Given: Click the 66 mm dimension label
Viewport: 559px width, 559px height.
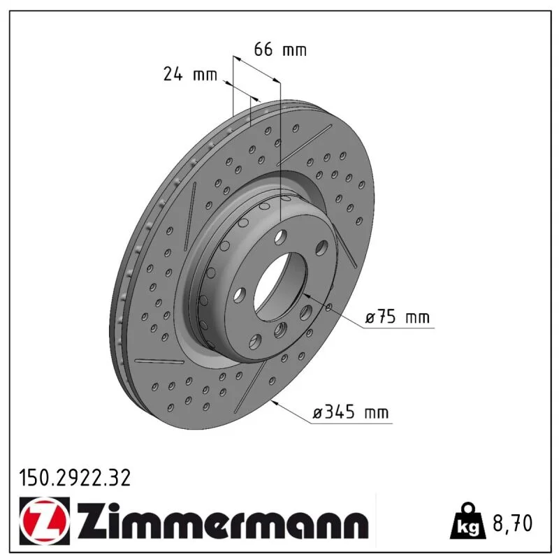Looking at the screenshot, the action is tap(280, 49).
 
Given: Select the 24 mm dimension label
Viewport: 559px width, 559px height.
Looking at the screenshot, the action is tap(190, 74).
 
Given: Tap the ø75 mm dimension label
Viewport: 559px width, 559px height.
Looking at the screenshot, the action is tap(397, 317).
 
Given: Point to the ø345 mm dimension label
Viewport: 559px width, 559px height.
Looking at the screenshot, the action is tap(351, 412).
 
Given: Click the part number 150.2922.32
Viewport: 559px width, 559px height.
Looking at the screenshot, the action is tap(75, 478).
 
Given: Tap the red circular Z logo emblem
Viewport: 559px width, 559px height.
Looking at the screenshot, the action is tap(45, 521).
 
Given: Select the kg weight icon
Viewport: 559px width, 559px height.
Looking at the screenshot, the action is tap(467, 521).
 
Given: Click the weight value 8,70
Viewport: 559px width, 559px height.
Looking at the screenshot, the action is tap(512, 523).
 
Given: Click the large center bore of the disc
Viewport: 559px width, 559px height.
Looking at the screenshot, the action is tap(280, 286).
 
